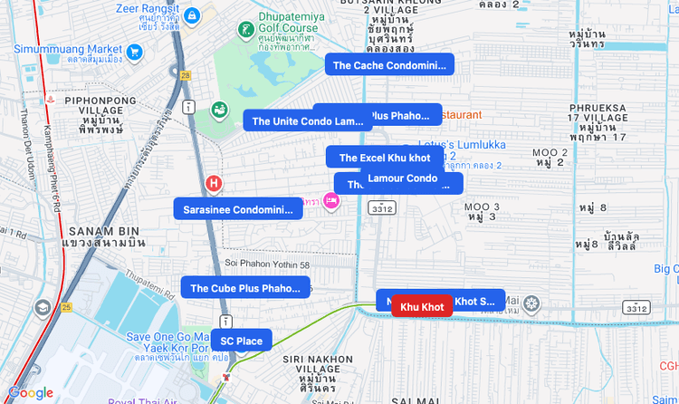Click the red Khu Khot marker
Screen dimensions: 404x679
tap(422, 307)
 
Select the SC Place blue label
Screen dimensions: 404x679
tap(241, 341)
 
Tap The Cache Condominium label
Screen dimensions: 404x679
tap(389, 65)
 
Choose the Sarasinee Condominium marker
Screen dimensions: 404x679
tap(238, 210)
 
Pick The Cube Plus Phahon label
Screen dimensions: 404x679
tap(244, 288)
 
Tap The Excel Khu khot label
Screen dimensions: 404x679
tap(385, 158)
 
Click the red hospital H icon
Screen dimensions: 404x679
tap(214, 184)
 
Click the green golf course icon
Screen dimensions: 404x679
tap(244, 30)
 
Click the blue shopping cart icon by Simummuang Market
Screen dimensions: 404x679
tap(135, 52)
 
